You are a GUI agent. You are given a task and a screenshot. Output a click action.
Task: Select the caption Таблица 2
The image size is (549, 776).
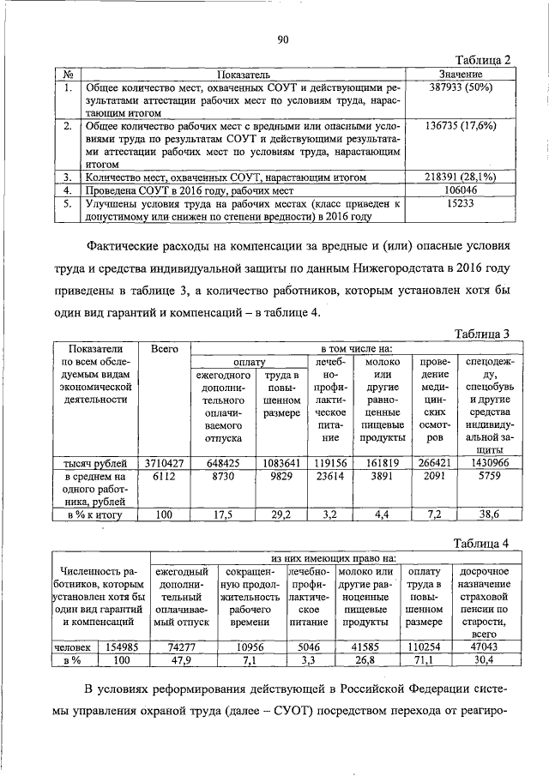pos(483,60)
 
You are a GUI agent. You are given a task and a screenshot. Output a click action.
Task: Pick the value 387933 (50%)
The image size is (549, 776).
pos(460,87)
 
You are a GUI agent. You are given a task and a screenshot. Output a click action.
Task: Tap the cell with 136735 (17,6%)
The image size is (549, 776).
pos(460,125)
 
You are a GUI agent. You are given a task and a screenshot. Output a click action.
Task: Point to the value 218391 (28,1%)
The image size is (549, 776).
pos(460,177)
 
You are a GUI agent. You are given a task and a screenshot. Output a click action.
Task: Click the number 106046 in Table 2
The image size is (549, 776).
pos(460,190)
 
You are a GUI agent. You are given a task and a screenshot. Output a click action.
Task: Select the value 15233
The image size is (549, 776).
pos(460,204)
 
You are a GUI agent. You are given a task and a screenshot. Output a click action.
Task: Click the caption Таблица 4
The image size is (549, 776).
pos(483,543)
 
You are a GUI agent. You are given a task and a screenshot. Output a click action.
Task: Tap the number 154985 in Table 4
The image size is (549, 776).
pos(121,647)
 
